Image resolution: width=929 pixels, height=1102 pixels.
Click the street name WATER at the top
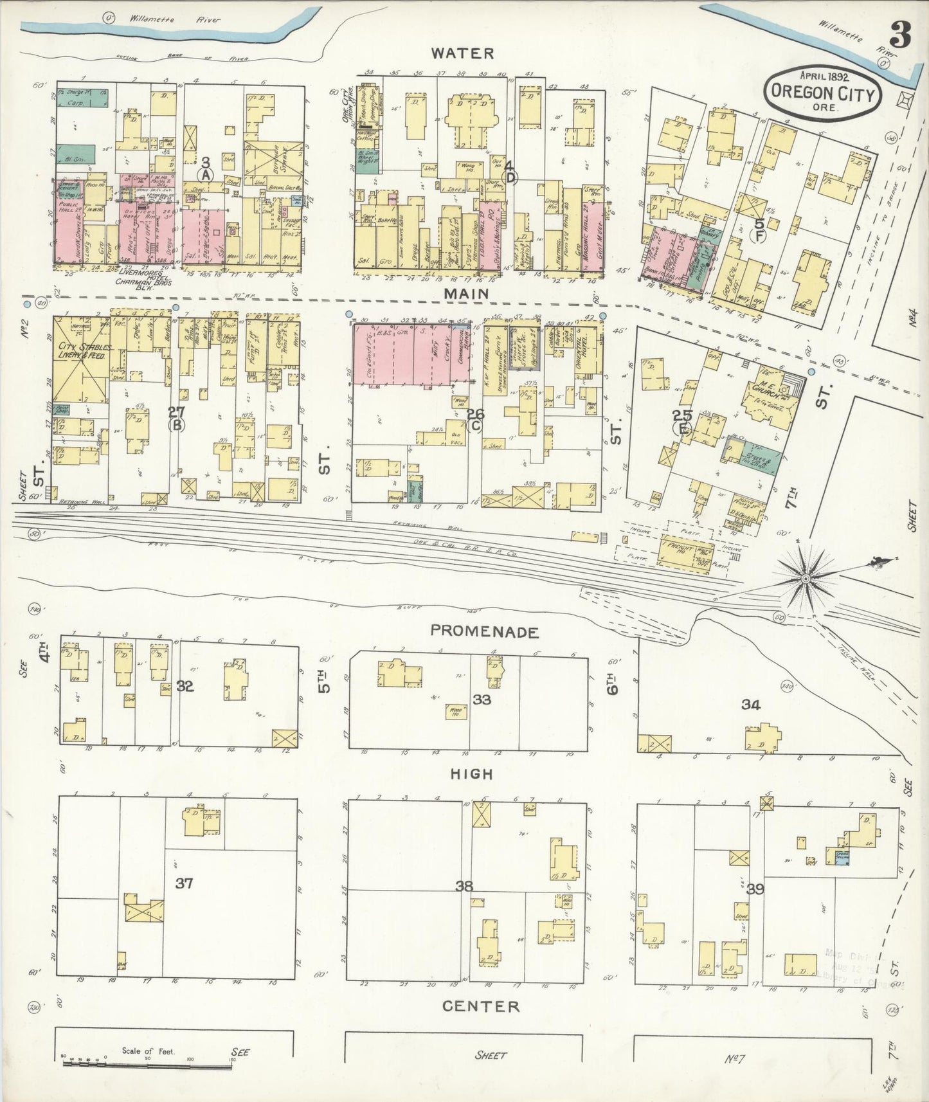[x=462, y=53]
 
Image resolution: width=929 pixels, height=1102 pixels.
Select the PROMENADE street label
[x=484, y=632]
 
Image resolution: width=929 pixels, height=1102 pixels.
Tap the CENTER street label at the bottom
[x=480, y=1024]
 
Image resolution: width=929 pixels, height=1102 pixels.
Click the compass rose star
[x=805, y=579]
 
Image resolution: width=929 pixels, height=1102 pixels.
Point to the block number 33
[x=481, y=699]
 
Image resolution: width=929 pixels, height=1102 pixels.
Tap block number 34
[x=750, y=705]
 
